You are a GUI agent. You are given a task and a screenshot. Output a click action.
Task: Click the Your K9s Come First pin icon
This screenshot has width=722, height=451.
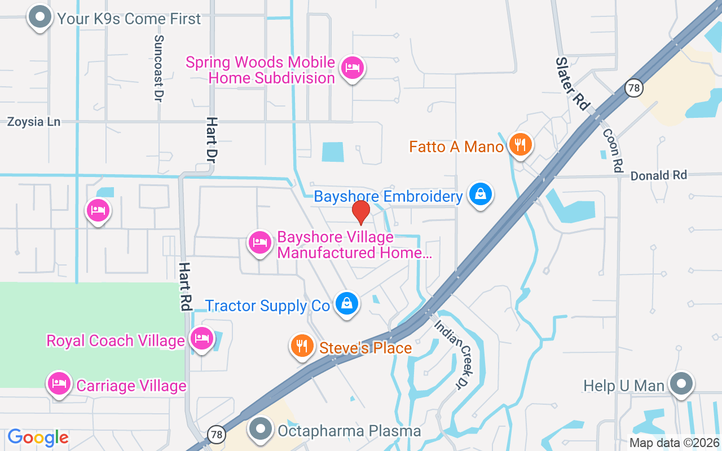(x=39, y=17)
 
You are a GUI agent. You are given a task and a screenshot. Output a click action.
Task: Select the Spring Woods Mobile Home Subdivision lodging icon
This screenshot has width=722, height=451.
(x=353, y=68)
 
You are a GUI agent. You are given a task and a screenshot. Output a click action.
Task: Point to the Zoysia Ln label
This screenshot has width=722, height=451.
(x=34, y=122)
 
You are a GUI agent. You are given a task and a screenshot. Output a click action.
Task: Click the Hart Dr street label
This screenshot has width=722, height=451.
(x=212, y=138)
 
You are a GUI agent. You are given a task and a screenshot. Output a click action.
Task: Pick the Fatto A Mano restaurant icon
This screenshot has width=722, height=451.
(x=520, y=145)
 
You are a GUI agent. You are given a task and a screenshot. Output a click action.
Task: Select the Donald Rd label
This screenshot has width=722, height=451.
(x=658, y=175)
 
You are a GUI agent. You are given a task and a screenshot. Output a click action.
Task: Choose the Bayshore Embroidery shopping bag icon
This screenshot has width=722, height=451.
(x=480, y=194)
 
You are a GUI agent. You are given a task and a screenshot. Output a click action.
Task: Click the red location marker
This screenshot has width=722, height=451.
(x=360, y=212)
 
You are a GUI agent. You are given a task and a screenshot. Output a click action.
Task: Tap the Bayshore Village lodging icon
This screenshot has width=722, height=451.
(x=260, y=242)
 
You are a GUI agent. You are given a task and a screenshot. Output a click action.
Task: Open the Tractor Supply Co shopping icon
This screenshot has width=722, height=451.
(x=347, y=303)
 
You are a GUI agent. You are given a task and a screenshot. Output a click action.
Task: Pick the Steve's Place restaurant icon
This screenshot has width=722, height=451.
(x=302, y=346)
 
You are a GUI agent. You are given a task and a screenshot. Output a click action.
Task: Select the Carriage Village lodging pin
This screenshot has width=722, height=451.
(x=59, y=383)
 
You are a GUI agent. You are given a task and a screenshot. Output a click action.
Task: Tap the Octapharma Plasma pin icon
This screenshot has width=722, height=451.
(x=261, y=429)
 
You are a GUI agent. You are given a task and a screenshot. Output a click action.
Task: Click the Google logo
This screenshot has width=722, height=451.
(x=38, y=437)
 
